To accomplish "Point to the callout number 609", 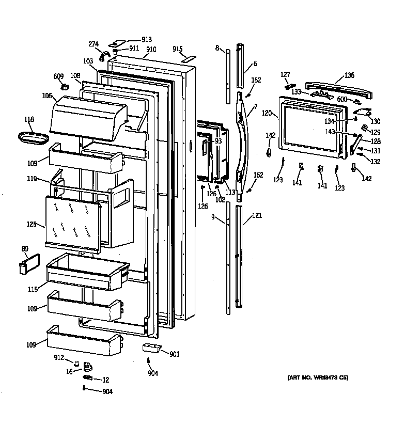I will (58, 77).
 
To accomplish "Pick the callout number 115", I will (33, 290).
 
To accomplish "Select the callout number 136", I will (349, 75).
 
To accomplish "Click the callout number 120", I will (266, 112).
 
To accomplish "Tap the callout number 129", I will (376, 132).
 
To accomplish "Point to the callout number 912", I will (59, 357).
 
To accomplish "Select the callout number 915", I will (178, 49).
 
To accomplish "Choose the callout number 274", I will (94, 44).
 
